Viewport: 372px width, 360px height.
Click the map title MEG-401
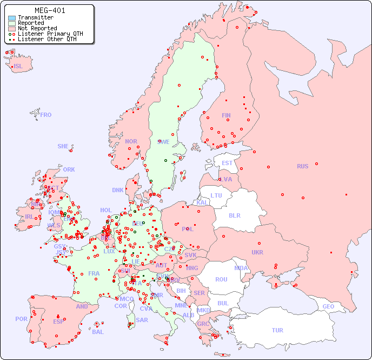click(x=51, y=10)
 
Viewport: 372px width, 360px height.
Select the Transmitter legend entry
click(x=35, y=18)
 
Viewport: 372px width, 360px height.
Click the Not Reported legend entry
click(x=37, y=28)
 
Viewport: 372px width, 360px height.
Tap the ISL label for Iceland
click(x=18, y=67)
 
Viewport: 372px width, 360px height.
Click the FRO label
click(x=46, y=115)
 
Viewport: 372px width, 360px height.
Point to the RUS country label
click(x=302, y=166)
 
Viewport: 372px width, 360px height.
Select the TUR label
click(x=277, y=330)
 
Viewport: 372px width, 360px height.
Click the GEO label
click(x=328, y=306)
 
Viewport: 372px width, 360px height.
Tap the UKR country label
click(x=257, y=252)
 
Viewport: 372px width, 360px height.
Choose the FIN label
click(x=226, y=115)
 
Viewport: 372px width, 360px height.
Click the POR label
click(x=21, y=319)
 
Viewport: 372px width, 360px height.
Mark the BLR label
click(x=235, y=215)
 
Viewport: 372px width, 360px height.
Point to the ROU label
click(x=221, y=279)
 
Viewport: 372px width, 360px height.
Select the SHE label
click(x=63, y=146)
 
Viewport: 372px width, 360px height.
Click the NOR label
click(x=131, y=141)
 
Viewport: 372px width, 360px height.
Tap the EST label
click(x=227, y=163)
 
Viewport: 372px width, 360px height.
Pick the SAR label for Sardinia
click(x=142, y=320)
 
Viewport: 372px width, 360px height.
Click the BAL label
click(x=97, y=332)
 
